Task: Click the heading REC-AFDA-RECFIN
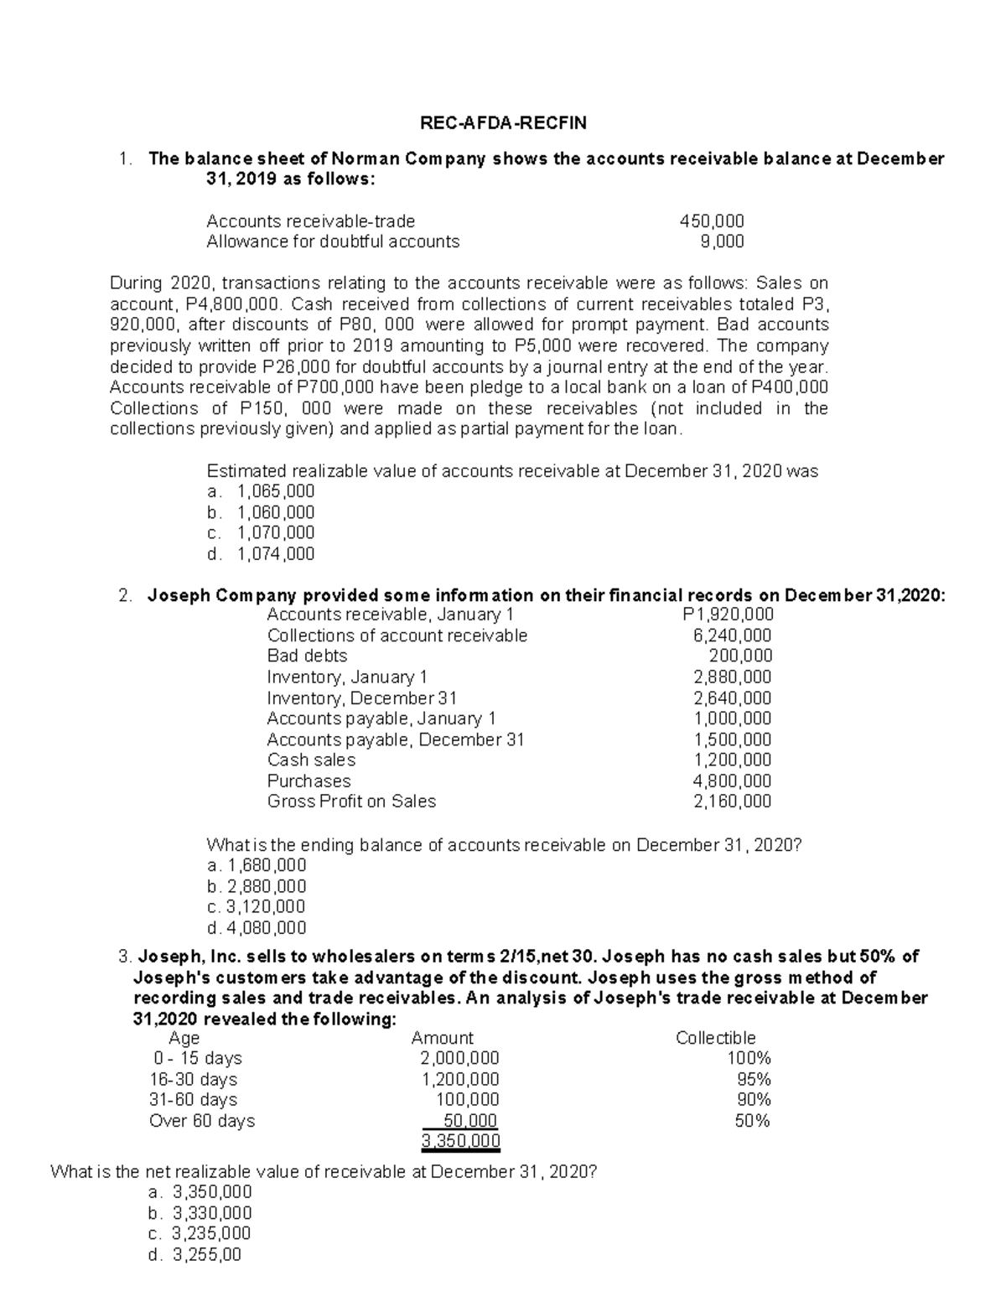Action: pos(503,123)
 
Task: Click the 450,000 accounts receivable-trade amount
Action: pos(712,221)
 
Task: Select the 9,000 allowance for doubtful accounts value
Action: pos(722,242)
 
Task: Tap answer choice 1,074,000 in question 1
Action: pos(276,553)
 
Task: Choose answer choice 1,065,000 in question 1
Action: pos(276,491)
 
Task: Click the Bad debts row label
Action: pos(307,656)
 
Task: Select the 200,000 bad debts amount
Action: pos(740,656)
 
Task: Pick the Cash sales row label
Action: pos(311,760)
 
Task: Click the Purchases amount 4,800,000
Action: pos(733,781)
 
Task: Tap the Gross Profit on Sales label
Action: pos(351,801)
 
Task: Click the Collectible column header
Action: pos(715,1038)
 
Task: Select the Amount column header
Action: pos(442,1038)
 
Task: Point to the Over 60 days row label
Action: pos(202,1121)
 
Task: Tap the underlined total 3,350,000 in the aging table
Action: pos(460,1141)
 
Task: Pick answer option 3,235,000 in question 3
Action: pos(210,1233)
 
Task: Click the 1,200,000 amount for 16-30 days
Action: pos(460,1079)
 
